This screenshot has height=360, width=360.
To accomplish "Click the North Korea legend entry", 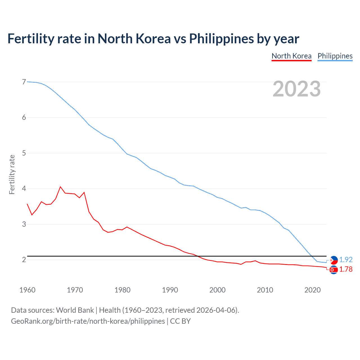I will coord(291,56).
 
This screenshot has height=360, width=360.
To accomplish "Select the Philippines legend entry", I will coord(335,56).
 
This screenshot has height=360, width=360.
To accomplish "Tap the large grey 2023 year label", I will coord(296,89).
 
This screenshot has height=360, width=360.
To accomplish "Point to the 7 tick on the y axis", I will coord(24,82).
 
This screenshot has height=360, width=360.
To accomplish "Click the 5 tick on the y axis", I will coord(24,153).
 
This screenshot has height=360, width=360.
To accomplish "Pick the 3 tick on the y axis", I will coord(24,224).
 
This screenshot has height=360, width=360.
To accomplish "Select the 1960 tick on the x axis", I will coord(27,290).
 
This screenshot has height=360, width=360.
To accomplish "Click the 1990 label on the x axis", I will coord(170,290).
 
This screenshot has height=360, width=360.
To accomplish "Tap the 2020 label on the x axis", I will coord(312,290).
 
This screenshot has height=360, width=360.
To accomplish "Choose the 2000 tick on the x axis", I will coord(217,290).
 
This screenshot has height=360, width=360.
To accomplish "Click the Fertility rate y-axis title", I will coord(12,174).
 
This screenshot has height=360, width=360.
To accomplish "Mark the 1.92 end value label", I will coord(346,260).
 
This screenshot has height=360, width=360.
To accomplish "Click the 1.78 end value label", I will coord(346,269).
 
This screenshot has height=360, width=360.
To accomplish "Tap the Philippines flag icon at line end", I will coord(334,260).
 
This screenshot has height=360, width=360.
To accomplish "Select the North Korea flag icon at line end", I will coord(334,270).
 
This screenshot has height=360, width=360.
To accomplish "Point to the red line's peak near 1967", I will coord(60,187).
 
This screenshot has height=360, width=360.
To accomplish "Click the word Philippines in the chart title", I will coord(221,39).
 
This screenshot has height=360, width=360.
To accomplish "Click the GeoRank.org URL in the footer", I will coord(88,321).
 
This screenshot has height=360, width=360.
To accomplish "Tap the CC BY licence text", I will coord(180,321).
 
